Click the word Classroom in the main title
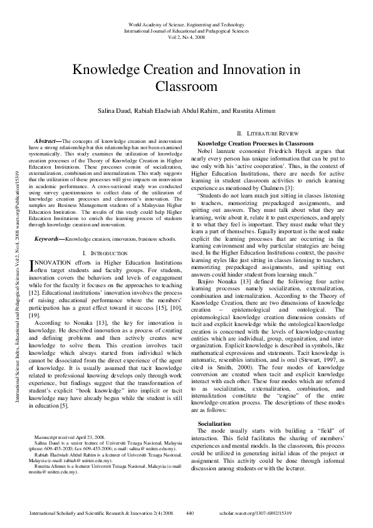click(186, 86)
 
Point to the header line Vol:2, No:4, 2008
click(186, 37)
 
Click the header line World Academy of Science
click(186, 22)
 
